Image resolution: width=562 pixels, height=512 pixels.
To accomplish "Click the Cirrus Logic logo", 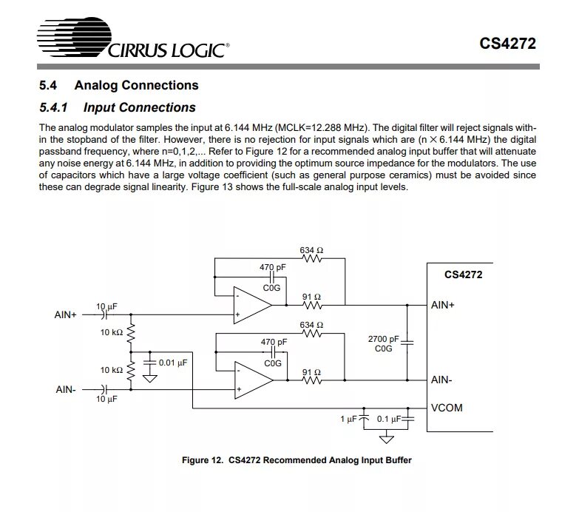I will [x=132, y=40].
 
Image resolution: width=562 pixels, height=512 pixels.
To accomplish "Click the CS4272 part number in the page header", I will [x=507, y=43].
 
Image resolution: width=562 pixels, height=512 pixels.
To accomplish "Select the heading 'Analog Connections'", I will [x=137, y=85].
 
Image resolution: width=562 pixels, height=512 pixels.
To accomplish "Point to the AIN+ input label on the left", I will [x=66, y=314].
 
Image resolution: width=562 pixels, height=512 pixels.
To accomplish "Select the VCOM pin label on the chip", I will [x=447, y=408].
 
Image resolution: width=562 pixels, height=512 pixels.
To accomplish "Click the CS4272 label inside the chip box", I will [x=463, y=275].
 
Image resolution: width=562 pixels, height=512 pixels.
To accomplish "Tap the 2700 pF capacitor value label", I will [x=383, y=340].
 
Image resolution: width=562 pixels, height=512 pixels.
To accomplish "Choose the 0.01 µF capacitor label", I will [x=173, y=363].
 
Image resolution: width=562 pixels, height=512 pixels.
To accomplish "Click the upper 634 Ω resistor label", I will [x=311, y=250].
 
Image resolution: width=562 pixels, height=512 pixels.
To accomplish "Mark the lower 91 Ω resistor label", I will [x=311, y=372].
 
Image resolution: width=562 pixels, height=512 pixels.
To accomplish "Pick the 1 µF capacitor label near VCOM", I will [x=348, y=420].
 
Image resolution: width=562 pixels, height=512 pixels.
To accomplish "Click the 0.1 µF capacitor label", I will [x=389, y=420].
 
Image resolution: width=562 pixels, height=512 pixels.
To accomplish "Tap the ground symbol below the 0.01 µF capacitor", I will [x=151, y=379].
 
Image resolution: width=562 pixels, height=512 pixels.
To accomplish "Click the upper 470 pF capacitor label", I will [x=273, y=266].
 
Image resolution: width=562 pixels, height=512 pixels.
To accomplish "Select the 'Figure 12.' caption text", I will [x=202, y=460].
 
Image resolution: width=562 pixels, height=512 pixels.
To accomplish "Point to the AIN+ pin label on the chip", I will [x=443, y=305].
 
